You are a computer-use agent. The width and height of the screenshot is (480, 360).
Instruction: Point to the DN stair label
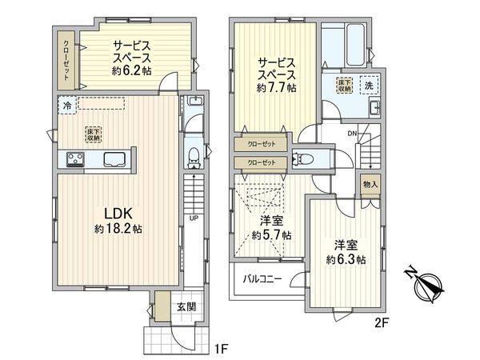[x=352, y=134]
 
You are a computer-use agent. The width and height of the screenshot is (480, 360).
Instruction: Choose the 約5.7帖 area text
[x=271, y=235]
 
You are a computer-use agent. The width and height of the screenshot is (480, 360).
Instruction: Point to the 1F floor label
[x=222, y=348]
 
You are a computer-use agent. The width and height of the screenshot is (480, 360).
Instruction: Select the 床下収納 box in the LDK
[x=94, y=135]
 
